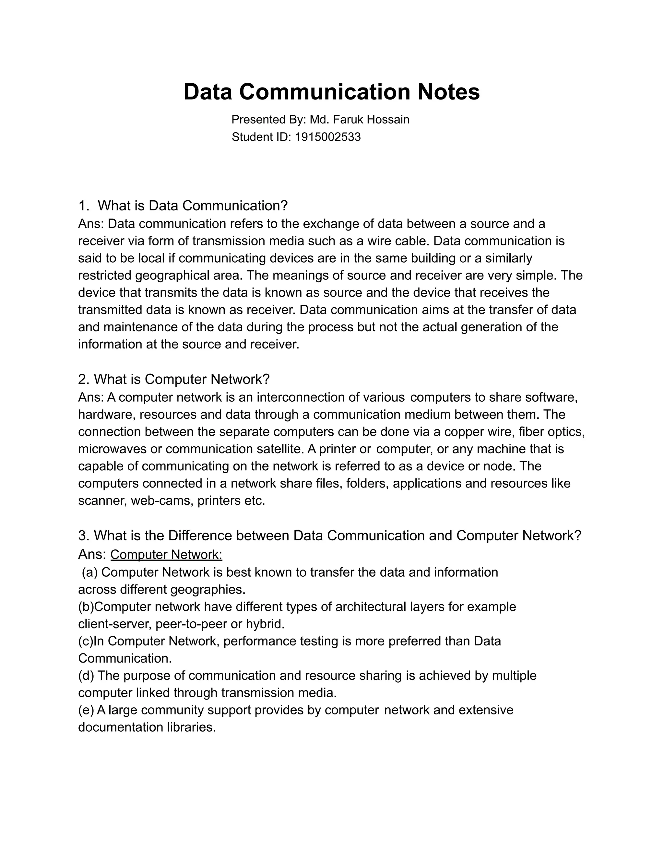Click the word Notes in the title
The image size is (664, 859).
448,92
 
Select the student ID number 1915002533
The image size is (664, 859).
328,137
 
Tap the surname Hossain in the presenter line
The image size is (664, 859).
388,119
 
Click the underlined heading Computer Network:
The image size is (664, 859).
166,555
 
